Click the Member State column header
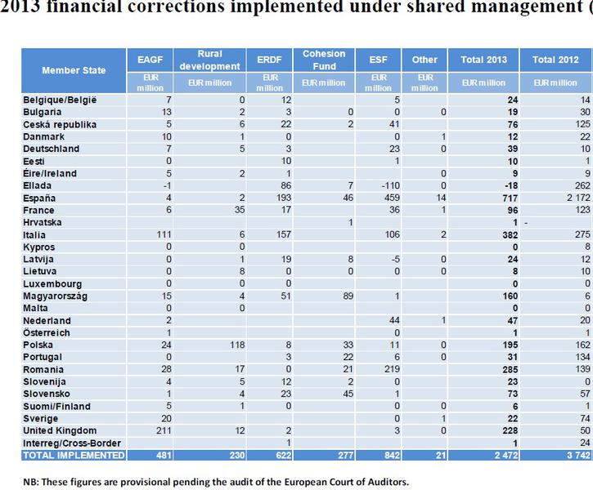pyautogui.click(x=74, y=70)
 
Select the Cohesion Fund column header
pyautogui.click(x=324, y=60)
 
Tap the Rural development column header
pyautogui.click(x=209, y=60)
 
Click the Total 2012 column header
pyautogui.click(x=555, y=60)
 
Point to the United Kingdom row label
pyautogui.click(x=58, y=430)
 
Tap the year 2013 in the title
pyautogui.click(x=19, y=10)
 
